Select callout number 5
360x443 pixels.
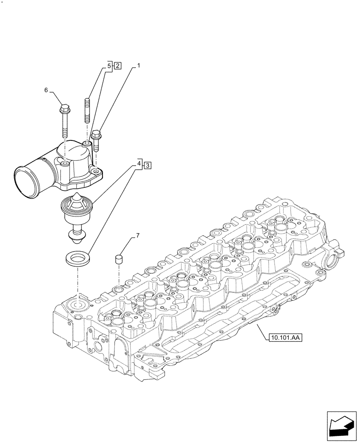coord(109,66)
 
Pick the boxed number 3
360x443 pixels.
coord(148,165)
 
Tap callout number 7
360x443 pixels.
coord(137,235)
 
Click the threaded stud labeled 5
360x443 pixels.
coord(87,111)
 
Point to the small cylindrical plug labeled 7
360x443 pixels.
coord(119,259)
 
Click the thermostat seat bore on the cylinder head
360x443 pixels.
coord(77,306)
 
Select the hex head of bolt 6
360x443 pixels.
coord(64,108)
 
